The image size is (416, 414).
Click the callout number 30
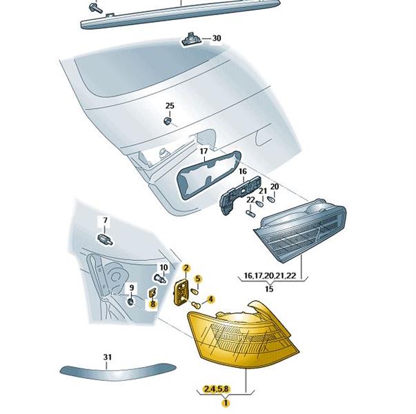tap(217, 38)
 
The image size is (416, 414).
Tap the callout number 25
tap(170, 106)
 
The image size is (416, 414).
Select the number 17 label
tap(204, 151)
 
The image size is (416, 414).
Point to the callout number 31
tap(107, 357)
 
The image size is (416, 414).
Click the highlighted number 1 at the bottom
tap(226, 403)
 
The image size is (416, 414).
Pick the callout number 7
tap(105, 220)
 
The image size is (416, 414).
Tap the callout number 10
tap(164, 267)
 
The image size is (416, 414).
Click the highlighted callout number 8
tap(153, 304)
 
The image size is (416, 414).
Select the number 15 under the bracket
tap(269, 288)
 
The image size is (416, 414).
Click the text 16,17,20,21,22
tap(270, 275)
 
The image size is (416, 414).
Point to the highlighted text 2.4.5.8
tap(216, 389)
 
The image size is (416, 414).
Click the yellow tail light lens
tap(243, 336)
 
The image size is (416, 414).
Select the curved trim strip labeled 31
tap(118, 371)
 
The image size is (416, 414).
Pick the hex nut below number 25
tap(167, 121)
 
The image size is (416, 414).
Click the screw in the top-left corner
tap(95, 8)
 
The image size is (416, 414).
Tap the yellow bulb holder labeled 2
tap(181, 292)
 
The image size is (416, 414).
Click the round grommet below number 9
tap(130, 302)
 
